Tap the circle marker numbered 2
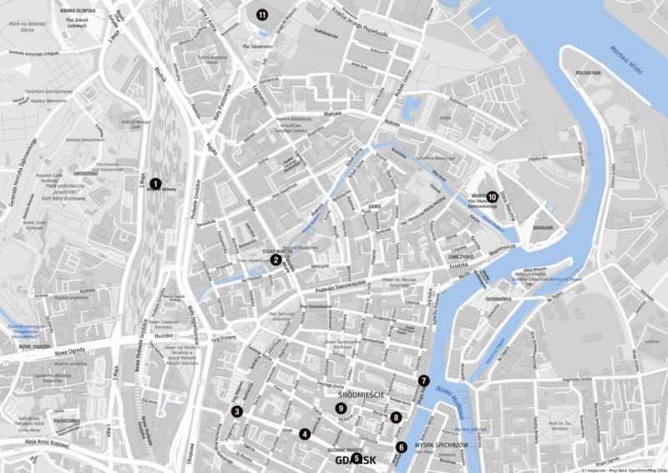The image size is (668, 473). coord(275,259)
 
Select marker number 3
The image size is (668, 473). coord(237,412)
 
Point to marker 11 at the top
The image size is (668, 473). coord(262,14)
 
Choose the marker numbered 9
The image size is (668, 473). coord(341,408)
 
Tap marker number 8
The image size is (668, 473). coord(396,417)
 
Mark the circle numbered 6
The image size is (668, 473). coord(402,447)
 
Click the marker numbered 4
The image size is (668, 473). coord(305,434)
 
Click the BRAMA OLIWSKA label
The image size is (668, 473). coord(78,11)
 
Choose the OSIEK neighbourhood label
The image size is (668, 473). coord(375,203)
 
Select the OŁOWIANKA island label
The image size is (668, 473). coord(498,298)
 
